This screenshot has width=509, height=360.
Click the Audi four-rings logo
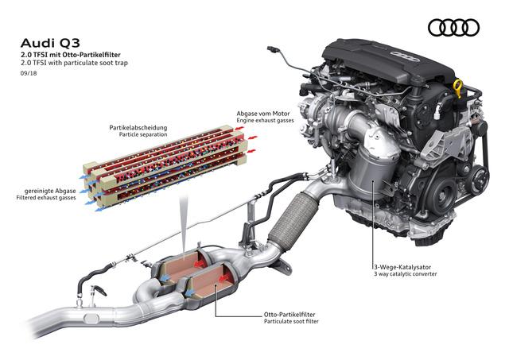(x=453, y=28)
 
